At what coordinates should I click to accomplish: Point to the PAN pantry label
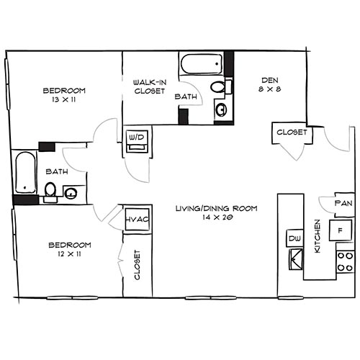(x=343, y=204)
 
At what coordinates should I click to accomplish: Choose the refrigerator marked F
(x=338, y=231)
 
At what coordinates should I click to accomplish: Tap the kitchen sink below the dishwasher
(x=295, y=257)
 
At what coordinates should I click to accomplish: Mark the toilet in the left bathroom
(x=50, y=191)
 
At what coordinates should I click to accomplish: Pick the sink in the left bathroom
(x=71, y=192)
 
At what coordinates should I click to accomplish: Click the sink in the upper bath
(x=220, y=110)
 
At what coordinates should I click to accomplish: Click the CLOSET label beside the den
(x=290, y=132)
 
